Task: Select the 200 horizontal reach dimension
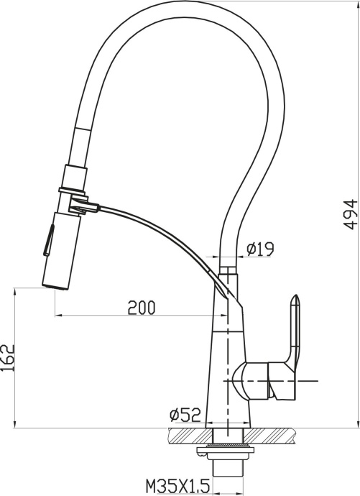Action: click(x=142, y=307)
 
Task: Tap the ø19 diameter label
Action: click(x=260, y=229)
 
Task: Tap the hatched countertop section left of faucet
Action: click(x=185, y=434)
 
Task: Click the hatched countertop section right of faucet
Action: click(x=273, y=434)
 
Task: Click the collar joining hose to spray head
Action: click(x=75, y=175)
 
